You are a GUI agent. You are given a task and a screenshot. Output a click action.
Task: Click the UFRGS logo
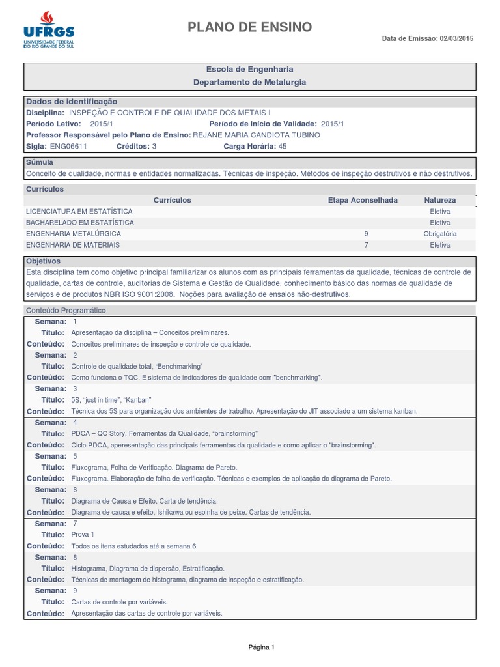point(49,30)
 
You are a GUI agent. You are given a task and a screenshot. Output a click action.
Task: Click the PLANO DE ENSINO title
point(250,27)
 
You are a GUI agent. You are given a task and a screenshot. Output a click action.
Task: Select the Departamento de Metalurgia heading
point(250,83)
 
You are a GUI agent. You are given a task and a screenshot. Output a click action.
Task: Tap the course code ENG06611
point(68,147)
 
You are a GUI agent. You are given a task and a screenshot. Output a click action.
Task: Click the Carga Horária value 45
point(283,147)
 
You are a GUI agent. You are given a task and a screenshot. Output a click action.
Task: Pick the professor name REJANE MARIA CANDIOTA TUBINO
point(257,135)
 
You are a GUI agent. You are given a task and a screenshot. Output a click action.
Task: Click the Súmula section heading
point(39,162)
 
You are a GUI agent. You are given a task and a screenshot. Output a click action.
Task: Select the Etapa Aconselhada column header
point(363,200)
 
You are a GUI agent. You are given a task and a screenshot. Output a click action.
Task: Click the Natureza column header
point(440,200)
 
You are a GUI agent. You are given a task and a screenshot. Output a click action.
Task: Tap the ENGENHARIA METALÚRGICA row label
point(73,234)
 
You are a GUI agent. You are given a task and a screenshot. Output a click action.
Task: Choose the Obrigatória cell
point(440,234)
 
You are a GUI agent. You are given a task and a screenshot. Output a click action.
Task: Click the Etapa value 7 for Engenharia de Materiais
point(367,245)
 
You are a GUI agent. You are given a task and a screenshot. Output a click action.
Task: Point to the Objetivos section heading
point(43,261)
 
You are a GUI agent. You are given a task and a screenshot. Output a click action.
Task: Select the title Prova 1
point(83,535)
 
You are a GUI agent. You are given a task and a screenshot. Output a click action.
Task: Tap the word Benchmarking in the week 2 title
point(180,367)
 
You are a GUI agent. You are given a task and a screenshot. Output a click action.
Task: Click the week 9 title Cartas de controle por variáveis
point(119,602)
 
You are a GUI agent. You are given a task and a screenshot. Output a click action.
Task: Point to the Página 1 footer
point(262,647)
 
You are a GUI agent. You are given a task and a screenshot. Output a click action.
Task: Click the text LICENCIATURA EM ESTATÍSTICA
point(79,212)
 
